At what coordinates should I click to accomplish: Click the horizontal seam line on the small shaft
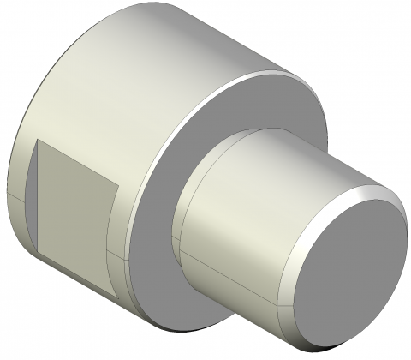231,274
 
